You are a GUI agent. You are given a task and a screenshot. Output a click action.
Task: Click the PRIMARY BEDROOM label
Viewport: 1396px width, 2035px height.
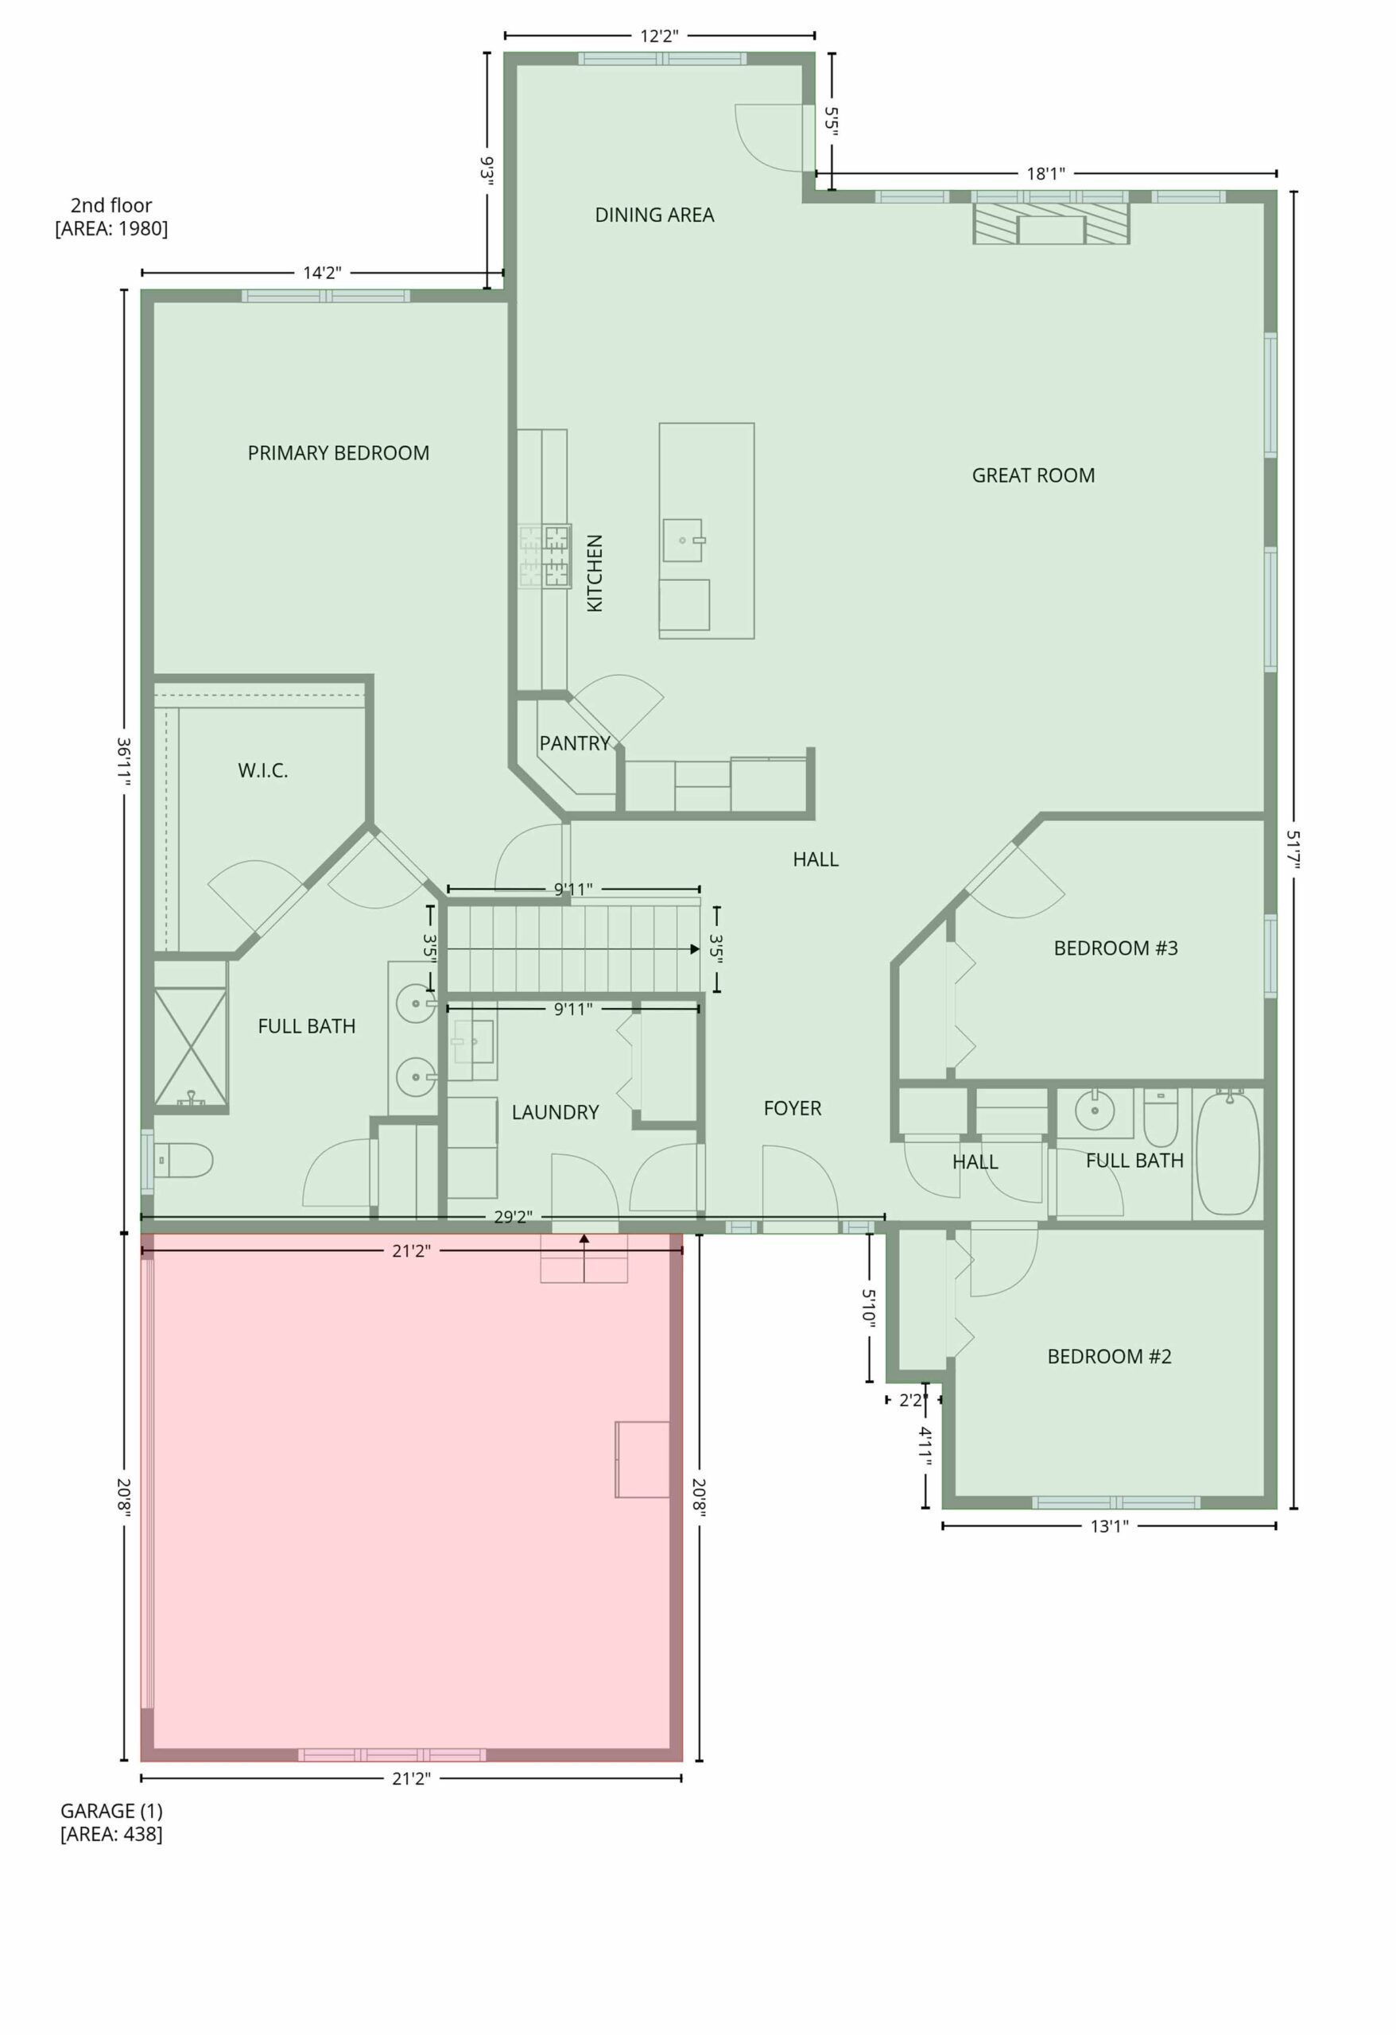pos(338,453)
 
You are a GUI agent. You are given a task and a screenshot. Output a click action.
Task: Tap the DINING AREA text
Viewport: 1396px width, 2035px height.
pos(654,215)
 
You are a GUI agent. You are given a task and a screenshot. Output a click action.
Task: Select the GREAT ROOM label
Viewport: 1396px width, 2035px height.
pos(1033,475)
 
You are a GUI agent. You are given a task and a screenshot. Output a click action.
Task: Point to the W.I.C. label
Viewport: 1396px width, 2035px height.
pos(262,770)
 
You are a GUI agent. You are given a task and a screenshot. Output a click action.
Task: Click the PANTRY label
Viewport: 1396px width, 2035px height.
pos(575,743)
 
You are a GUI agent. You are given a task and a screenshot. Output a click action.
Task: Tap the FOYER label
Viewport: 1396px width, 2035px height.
pos(793,1109)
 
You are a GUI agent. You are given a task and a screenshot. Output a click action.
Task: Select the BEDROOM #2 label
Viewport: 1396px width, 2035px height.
pos(1110,1356)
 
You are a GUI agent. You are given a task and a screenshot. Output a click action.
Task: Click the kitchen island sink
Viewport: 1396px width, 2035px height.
pos(683,541)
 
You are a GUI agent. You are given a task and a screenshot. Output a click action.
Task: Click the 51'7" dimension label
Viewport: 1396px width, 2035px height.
pos(1293,850)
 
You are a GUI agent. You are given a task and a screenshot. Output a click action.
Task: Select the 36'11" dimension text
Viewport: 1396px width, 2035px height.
pos(124,761)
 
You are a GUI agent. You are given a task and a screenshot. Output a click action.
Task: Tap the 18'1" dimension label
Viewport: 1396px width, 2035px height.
pos(1045,173)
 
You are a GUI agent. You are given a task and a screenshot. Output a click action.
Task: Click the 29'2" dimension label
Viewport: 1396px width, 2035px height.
pos(511,1217)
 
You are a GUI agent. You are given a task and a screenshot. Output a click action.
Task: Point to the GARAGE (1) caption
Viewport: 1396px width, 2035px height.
pos(111,1811)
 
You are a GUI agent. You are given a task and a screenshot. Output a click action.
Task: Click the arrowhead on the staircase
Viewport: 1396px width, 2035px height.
pos(695,948)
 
